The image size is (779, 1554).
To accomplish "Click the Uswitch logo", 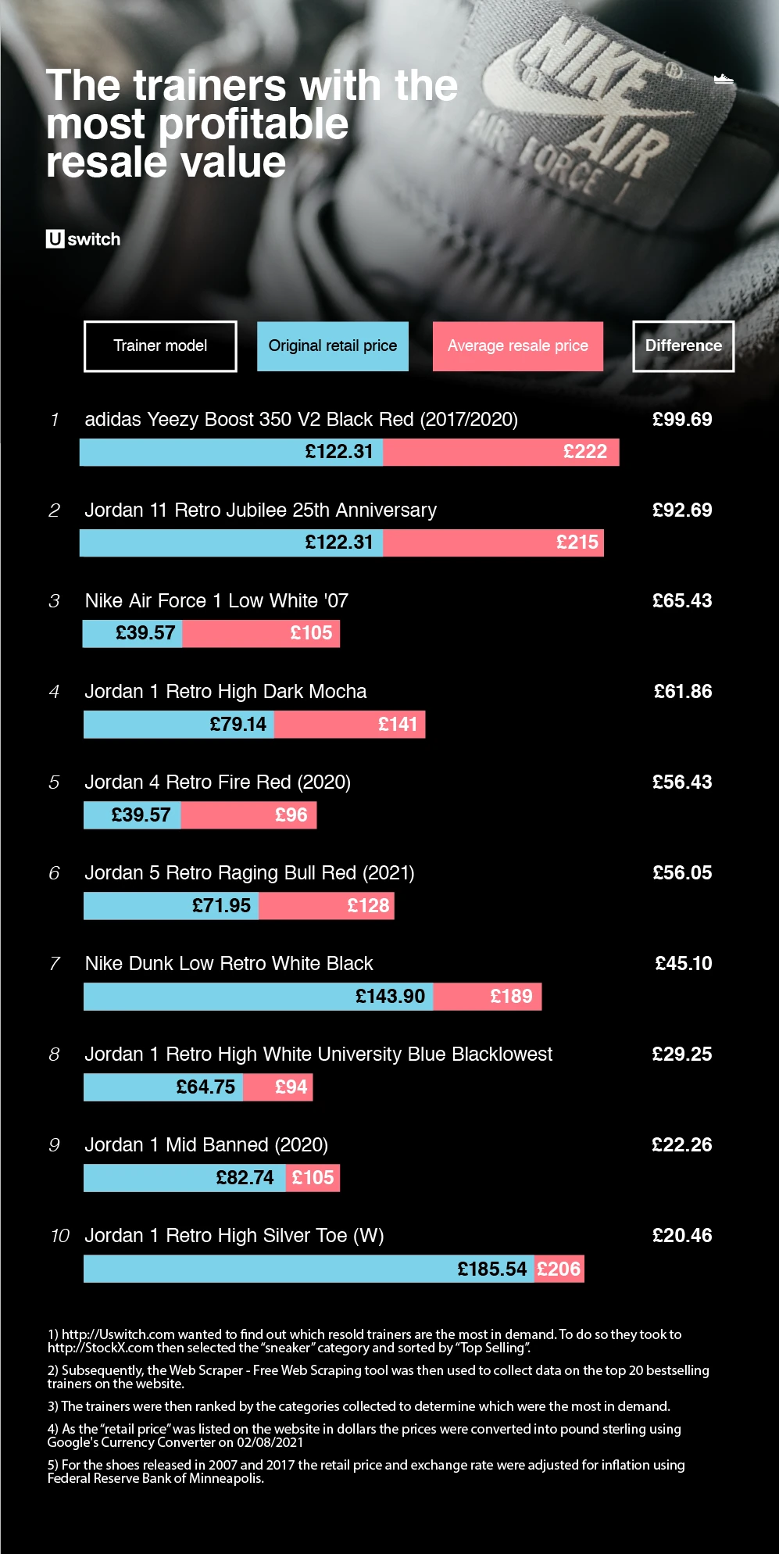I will (83, 239).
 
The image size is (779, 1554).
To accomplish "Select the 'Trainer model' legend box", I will (160, 346).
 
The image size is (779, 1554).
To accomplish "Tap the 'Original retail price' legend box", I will (333, 346).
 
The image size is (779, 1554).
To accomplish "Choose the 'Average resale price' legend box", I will (517, 346).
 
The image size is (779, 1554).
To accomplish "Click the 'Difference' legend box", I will (683, 346).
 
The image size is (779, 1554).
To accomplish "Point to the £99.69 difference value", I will (682, 420).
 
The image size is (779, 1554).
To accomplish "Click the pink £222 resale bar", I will (501, 452).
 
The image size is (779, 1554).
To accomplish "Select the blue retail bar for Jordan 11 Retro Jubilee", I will (231, 542).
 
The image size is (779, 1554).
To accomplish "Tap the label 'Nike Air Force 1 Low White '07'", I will (216, 601).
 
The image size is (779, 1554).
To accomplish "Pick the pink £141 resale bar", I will (349, 724).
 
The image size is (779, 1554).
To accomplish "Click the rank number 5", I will (54, 782).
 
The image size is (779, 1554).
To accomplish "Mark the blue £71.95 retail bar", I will (171, 905).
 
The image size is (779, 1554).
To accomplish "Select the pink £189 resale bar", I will (487, 996).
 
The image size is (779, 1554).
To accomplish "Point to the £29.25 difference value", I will (682, 1054).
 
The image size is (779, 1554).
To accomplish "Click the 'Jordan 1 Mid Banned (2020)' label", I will (206, 1145).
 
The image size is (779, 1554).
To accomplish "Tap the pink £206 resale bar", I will (559, 1268).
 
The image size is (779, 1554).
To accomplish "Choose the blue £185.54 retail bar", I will (309, 1268).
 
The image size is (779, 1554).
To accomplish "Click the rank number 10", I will (59, 1236).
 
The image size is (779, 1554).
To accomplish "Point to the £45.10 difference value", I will (683, 964).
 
